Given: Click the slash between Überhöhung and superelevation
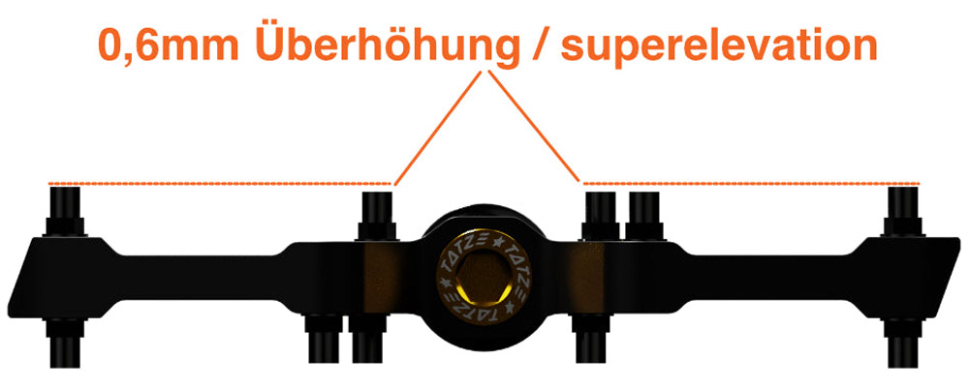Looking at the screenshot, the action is point(540,45).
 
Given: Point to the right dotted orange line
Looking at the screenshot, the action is point(751,184).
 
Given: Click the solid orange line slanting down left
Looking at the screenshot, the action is point(438,129).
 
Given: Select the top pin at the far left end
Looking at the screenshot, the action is point(65,211).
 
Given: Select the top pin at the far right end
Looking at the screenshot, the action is point(903,211).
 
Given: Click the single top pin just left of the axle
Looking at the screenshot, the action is point(376,216).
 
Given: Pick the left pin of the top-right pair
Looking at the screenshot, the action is point(601,216).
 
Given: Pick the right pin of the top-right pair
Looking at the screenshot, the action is point(644,216).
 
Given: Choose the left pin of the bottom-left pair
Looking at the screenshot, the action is point(324,339).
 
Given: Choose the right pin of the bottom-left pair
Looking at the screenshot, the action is point(367,339).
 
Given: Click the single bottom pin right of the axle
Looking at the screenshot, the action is point(591,339).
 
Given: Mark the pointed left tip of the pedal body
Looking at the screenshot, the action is point(9,310).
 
